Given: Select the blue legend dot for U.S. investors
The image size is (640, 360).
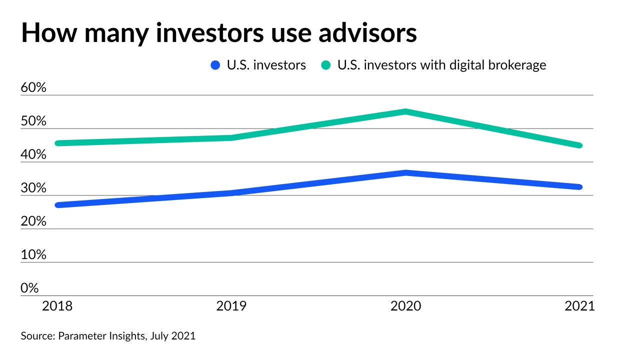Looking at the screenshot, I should pos(215,65).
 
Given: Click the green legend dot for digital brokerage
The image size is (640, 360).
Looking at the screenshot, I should pos(326,65).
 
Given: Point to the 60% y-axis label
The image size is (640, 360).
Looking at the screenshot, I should pos(33,88).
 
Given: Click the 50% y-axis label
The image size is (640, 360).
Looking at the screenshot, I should pos(33,121).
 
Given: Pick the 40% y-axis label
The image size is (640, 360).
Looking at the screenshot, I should pos(33,155).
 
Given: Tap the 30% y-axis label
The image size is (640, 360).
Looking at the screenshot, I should pos(33,188).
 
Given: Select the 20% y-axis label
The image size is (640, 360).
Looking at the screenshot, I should pos(33,221).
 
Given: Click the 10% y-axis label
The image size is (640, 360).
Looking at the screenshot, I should pos(33,255).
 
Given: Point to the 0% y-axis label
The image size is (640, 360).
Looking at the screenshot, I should pos(30,288).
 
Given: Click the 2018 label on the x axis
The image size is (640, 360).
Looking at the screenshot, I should pos(57,306).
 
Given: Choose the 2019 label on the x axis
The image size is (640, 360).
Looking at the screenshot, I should pos(231,306).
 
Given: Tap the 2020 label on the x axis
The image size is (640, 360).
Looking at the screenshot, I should pos(406,306).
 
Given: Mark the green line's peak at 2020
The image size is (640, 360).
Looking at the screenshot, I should pos(406,111).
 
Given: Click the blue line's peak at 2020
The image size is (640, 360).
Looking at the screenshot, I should pos(406,173).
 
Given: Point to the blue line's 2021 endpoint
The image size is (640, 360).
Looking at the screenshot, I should pos(579,187).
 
